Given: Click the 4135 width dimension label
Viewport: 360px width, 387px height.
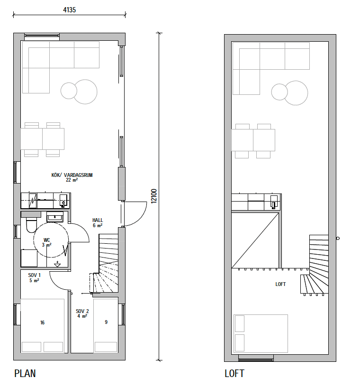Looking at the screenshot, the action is [69, 10].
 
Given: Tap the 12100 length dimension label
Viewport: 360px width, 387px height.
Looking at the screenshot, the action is [154, 196].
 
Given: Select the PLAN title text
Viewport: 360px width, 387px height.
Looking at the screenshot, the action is [25, 373].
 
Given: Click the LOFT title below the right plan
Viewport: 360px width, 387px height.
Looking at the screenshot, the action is [234, 373].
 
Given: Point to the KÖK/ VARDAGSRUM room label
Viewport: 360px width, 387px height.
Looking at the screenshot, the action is [72, 175].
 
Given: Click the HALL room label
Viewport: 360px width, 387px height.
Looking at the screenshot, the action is [98, 220].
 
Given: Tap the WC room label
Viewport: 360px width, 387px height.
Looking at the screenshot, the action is [46, 240].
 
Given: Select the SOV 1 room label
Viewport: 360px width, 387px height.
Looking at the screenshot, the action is [34, 275].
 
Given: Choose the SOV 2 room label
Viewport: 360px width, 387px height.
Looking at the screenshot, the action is [82, 311].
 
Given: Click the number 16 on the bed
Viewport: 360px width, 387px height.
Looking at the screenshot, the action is [43, 322].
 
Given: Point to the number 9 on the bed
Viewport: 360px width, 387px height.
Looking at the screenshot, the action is [106, 322].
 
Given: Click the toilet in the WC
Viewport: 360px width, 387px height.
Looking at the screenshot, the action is [31, 225].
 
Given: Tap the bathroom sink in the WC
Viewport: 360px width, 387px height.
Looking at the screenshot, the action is [55, 217].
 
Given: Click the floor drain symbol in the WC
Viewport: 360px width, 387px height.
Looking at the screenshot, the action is [57, 264].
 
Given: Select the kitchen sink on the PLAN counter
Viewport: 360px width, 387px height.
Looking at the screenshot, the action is [63, 201].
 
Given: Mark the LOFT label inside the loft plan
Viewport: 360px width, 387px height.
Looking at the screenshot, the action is [280, 284].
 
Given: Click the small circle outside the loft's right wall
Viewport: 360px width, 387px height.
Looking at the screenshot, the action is [338, 238].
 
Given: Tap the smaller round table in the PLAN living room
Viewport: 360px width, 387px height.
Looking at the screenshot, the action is [69, 91].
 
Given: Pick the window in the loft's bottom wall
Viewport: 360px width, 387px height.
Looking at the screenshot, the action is [256, 359].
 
